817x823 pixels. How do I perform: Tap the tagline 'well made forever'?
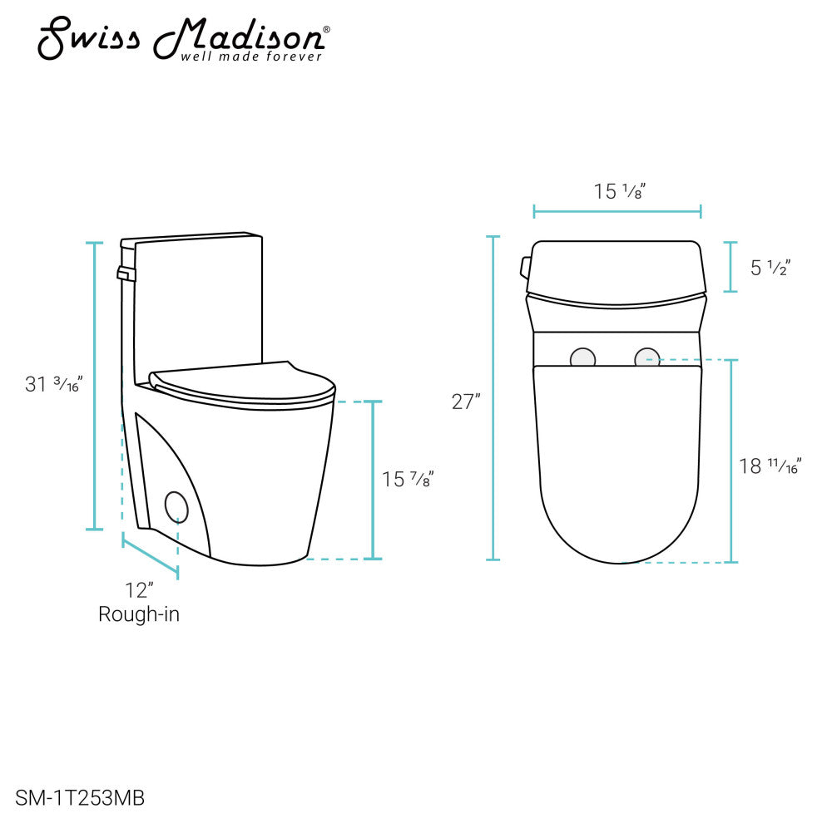coord(251,57)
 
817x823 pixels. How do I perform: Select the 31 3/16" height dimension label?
coord(53,384)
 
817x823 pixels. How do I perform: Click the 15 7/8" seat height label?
coord(408,479)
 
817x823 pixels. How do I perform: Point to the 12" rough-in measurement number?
coord(139,590)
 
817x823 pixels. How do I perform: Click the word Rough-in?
coord(139,614)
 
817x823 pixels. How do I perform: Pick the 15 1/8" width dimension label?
coord(620,191)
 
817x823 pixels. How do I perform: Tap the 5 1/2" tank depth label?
coord(770,268)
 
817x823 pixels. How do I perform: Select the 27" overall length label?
coord(466,402)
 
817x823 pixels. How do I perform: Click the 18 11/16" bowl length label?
coord(770,466)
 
